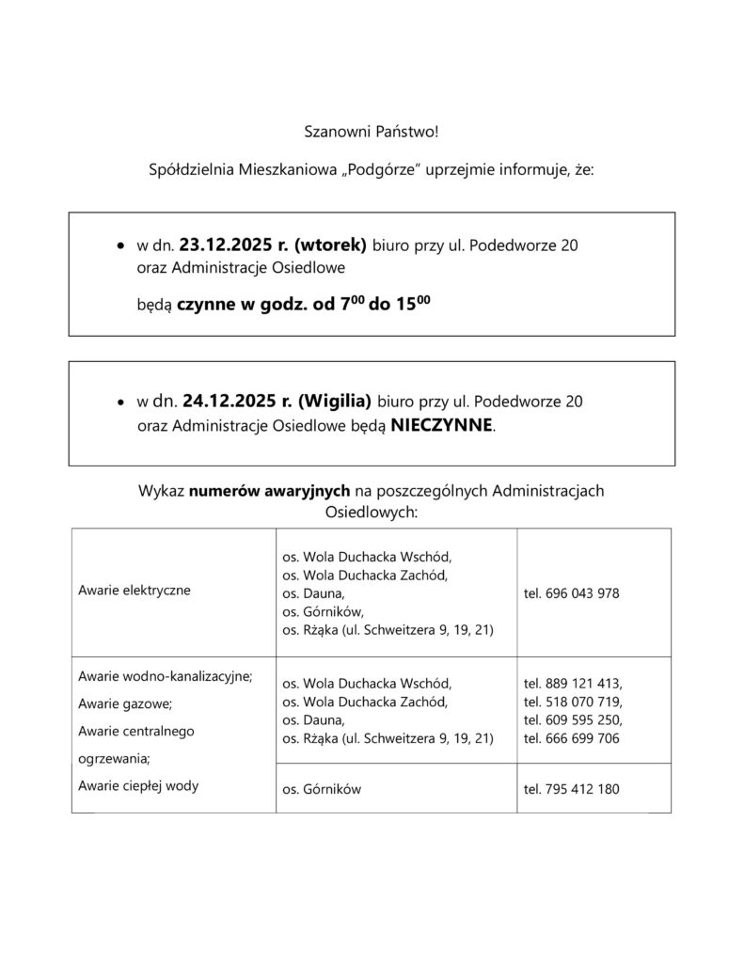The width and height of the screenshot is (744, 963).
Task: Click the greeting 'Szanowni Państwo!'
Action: tap(372, 133)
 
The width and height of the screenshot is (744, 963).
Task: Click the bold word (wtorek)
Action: tap(330, 247)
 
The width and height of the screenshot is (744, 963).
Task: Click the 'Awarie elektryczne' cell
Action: tap(135, 592)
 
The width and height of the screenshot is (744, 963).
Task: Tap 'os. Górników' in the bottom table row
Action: tap(321, 789)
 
